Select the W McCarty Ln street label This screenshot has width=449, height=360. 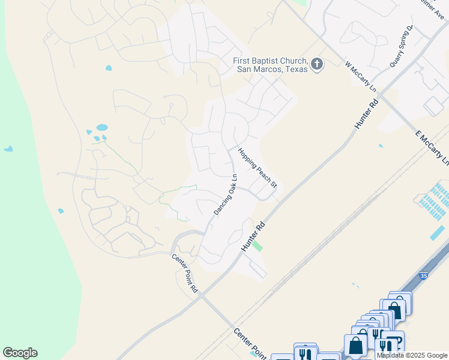tap(361, 77)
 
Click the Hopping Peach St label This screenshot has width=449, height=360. tap(257, 167)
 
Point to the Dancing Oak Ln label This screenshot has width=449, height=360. tap(226, 195)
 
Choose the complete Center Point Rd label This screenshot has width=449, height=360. tap(185, 274)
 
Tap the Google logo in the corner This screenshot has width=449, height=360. tap(20, 353)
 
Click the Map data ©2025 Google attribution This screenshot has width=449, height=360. tap(412, 355)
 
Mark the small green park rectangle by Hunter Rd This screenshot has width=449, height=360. tap(257, 245)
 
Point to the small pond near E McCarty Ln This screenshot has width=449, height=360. tap(381, 145)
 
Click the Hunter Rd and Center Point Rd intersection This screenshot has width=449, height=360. tap(200, 295)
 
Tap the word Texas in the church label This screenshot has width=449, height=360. tap(294, 69)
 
